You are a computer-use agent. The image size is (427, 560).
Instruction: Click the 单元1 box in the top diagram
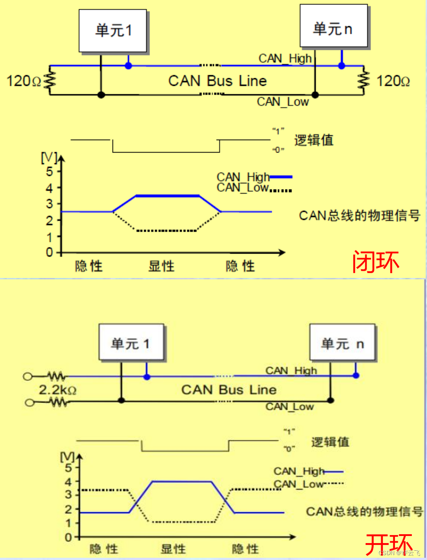tap(113, 31)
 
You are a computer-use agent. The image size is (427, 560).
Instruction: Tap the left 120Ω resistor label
tap(24, 81)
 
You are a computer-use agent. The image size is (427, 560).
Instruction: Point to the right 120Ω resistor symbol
tap(364, 81)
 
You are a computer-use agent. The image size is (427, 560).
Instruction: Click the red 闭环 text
tap(376, 262)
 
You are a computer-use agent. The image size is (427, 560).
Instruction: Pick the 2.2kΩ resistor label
tap(57, 390)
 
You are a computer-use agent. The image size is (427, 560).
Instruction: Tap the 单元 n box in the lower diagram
tap(342, 342)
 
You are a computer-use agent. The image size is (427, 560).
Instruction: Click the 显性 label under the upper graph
tap(161, 266)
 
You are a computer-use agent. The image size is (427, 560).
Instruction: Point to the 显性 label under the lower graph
tap(173, 549)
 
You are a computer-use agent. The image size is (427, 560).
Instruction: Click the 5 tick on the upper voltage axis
tap(49, 172)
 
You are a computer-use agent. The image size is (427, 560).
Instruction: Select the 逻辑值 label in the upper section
tap(314, 140)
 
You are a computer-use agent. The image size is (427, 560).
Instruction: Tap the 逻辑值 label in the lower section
tap(330, 442)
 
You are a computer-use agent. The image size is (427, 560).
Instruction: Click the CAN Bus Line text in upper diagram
tap(218, 81)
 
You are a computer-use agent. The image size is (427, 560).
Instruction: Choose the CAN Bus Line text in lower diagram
tap(229, 390)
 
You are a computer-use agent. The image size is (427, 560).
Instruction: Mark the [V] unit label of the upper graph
tap(49, 157)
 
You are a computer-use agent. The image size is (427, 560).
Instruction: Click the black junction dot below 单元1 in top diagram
tap(101, 95)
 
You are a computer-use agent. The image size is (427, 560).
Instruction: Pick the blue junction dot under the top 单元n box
tap(342, 66)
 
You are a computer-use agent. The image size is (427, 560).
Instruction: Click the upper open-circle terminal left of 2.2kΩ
tap(28, 377)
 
